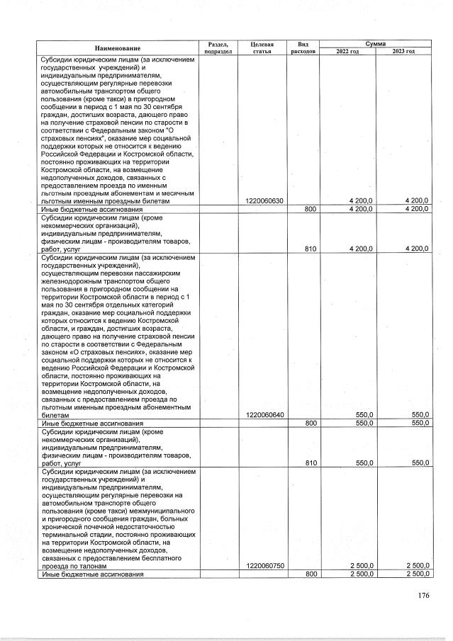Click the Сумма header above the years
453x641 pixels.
375,43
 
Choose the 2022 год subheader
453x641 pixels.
347,52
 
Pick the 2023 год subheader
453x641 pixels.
403,52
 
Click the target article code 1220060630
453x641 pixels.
264,201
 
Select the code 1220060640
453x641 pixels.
264,415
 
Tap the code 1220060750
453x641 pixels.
264,566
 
